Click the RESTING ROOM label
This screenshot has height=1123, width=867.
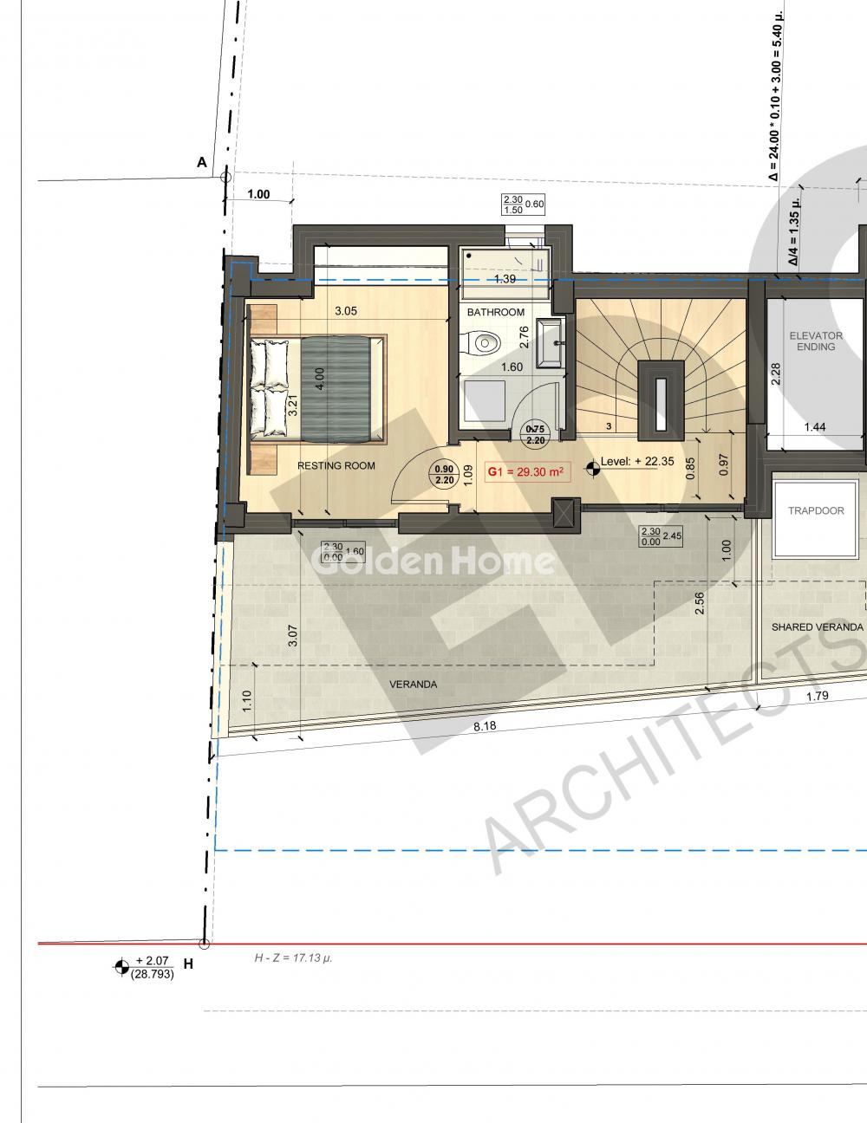click(x=336, y=465)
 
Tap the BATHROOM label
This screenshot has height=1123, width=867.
click(x=495, y=312)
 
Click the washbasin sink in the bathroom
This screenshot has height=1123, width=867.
click(x=549, y=343)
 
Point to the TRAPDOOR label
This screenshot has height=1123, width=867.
click(x=816, y=510)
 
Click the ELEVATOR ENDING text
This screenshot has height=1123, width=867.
click(x=816, y=341)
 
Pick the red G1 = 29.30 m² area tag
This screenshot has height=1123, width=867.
click(x=527, y=471)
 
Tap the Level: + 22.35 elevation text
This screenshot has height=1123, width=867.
click(x=637, y=462)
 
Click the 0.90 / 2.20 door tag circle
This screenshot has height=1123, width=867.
click(x=444, y=475)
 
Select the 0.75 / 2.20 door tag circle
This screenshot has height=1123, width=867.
click(x=535, y=434)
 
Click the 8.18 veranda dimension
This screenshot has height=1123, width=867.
click(x=485, y=726)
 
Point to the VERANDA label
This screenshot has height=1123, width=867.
click(x=413, y=685)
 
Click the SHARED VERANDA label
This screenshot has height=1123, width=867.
click(x=818, y=626)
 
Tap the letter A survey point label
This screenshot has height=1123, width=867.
click(x=202, y=162)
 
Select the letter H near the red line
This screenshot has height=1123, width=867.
click(x=188, y=964)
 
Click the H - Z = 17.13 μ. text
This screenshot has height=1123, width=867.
click(x=293, y=957)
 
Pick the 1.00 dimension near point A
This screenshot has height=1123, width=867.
click(x=258, y=194)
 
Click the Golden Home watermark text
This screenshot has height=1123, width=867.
click(x=433, y=561)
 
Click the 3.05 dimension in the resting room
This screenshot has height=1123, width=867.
click(x=346, y=310)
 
